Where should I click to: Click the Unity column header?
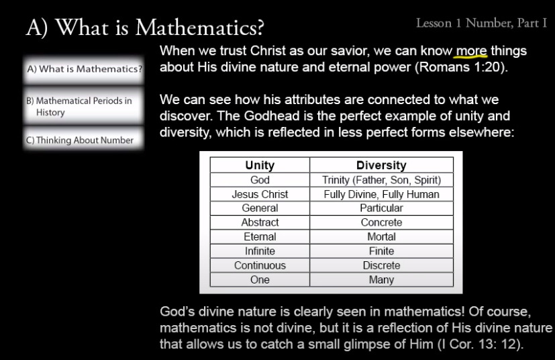click(260, 165)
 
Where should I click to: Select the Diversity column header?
click(381, 165)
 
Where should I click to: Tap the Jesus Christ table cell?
click(260, 194)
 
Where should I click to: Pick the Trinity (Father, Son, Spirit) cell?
click(381, 180)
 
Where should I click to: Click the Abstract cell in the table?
click(260, 222)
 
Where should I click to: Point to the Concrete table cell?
click(381, 222)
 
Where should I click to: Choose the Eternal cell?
click(260, 236)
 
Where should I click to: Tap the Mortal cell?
click(381, 236)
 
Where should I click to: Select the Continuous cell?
click(260, 265)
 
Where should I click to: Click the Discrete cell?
click(381, 265)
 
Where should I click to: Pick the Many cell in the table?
click(381, 279)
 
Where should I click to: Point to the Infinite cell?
click(260, 251)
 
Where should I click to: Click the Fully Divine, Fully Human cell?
click(381, 194)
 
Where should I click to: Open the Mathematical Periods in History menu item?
click(83, 106)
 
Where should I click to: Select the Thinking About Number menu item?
click(83, 140)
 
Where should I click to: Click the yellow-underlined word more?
click(471, 51)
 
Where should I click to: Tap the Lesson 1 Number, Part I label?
click(481, 23)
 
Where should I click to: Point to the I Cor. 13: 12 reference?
click(480, 344)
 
